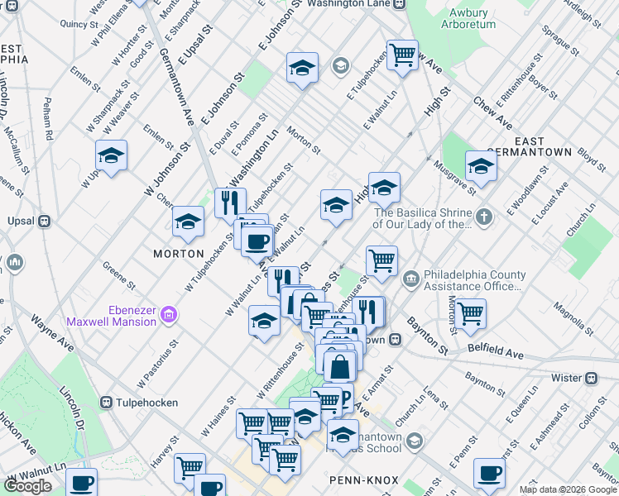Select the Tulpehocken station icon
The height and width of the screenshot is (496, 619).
click(106, 403)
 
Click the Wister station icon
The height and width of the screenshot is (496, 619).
click(591, 378)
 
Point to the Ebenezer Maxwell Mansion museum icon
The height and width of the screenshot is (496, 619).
click(169, 314)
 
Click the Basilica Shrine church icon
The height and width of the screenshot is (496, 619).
click(484, 217)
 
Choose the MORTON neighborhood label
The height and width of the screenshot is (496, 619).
click(178, 253)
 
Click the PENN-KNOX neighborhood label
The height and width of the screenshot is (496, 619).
click(364, 479)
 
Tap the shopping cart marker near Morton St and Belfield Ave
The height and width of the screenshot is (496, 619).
click(470, 313)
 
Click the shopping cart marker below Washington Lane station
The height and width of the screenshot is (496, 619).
click(402, 55)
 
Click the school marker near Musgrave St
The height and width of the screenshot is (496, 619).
click(481, 165)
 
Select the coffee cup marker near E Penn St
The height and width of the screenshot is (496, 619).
click(488, 473)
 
